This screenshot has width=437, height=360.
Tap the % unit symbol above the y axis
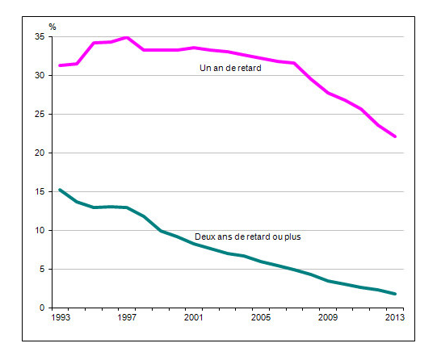[x=53, y=27]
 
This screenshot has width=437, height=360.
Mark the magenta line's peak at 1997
[x=127, y=37]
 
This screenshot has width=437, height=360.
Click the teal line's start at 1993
[x=60, y=190]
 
